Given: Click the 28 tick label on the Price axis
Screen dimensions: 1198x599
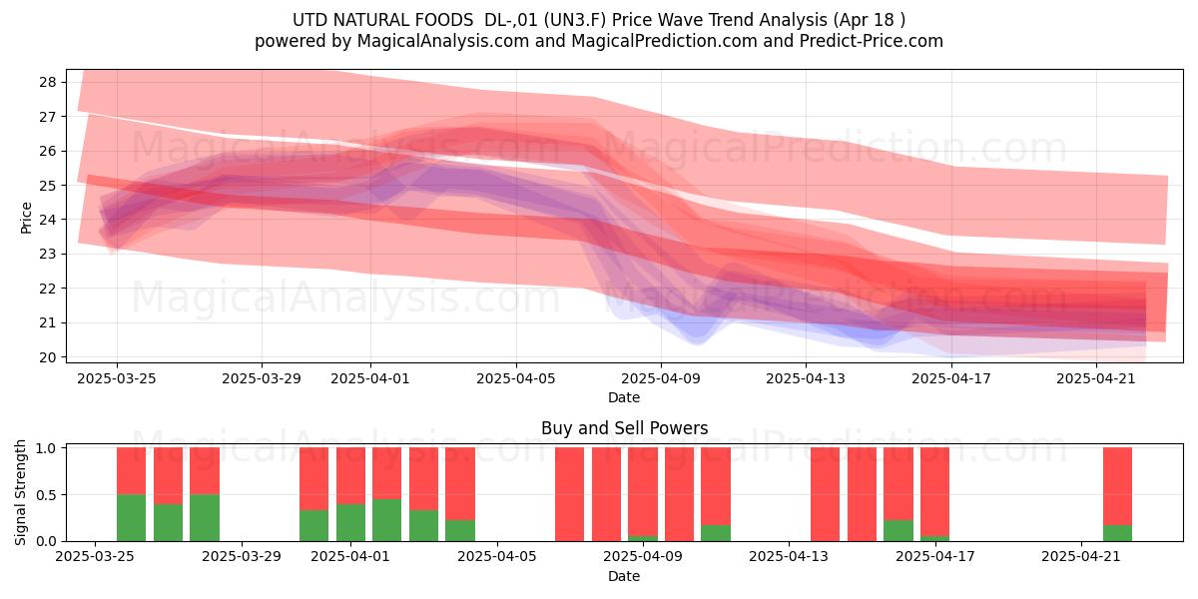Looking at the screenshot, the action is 48,82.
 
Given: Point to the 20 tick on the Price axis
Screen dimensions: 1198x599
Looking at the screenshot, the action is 48,357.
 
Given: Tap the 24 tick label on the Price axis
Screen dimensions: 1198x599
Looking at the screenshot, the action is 48,220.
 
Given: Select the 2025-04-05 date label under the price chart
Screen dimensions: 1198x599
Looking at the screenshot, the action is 516,378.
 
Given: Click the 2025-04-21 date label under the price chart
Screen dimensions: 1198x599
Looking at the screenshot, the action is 1096,378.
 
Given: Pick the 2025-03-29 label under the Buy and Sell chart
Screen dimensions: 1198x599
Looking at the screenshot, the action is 242,556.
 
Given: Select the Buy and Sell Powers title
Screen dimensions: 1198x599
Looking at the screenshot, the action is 625,428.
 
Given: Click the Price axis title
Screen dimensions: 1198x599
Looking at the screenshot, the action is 26,219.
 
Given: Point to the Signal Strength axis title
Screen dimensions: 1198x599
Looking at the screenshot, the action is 20,492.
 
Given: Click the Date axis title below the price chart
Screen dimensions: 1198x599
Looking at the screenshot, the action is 624,397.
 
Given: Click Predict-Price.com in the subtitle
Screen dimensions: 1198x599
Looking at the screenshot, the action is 872,41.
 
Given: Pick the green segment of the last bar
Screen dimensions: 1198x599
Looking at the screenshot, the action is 1118,533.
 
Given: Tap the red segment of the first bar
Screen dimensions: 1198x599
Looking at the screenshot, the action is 131,470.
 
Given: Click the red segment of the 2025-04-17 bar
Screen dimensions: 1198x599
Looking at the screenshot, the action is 934,491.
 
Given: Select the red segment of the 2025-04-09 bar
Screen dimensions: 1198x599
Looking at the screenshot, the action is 643,491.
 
